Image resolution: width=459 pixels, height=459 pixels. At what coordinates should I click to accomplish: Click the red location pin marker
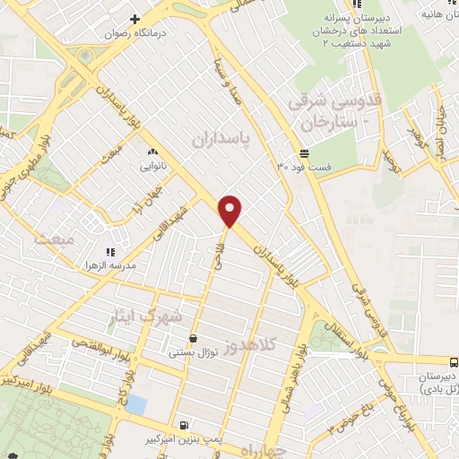[231, 211]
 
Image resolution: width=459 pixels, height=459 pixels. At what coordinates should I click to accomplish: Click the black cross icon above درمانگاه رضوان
[135, 19]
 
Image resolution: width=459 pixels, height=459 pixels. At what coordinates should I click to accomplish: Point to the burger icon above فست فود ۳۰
[305, 152]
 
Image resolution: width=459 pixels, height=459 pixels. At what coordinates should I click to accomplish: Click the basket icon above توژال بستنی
[193, 339]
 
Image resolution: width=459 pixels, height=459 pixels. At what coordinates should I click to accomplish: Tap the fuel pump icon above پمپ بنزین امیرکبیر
[184, 425]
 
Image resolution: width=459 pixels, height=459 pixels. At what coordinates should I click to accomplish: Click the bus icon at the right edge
[454, 362]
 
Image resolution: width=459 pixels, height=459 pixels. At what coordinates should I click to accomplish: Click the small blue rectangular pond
[136, 403]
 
